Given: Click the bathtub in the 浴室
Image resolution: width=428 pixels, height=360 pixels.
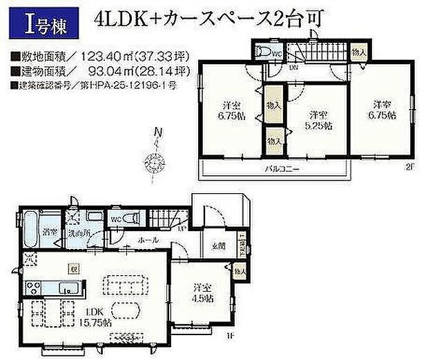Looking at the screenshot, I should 30,232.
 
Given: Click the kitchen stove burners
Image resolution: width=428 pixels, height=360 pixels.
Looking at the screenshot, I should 32,288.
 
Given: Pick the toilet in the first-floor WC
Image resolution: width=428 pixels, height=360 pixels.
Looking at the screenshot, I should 136,218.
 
